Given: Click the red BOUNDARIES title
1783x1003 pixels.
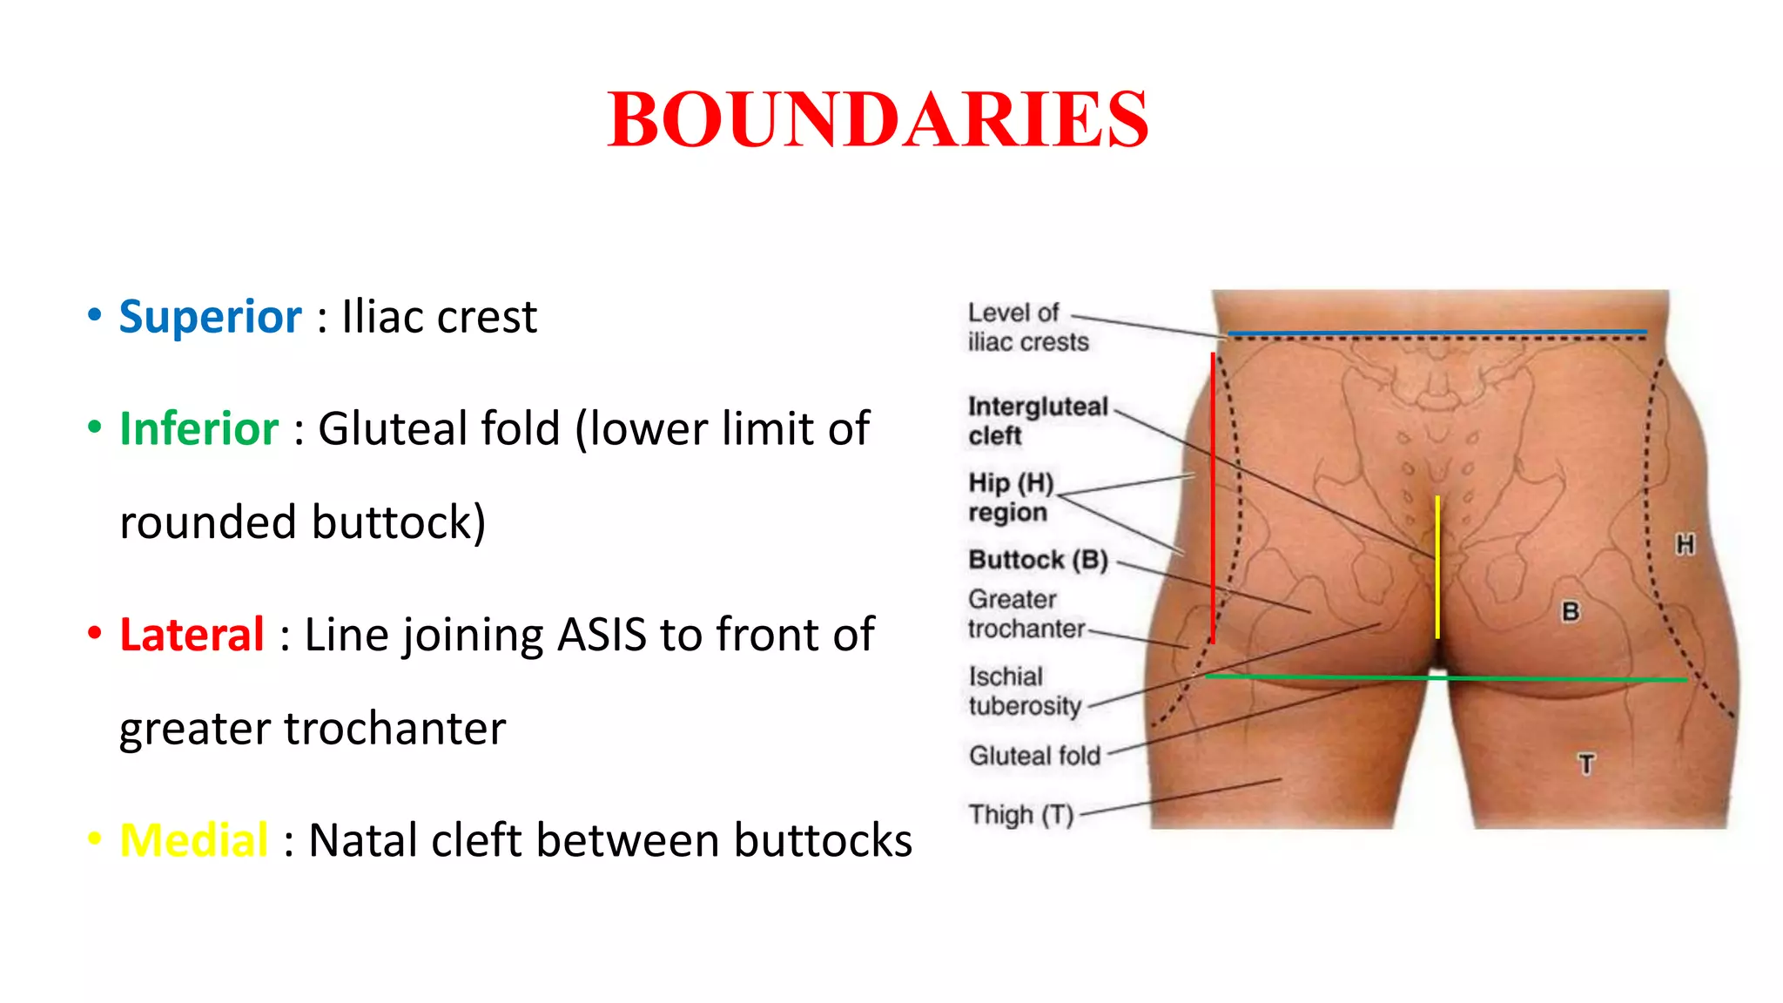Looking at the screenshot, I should coord(878,119).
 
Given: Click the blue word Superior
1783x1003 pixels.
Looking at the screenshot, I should coord(210,316).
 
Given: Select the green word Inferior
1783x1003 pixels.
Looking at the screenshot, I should coord(198,428).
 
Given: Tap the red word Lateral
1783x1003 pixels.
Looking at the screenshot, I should coord(192,634).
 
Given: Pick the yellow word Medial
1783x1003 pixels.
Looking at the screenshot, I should coord(193,840).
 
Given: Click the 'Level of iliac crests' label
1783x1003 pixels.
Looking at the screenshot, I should coord(1027,327).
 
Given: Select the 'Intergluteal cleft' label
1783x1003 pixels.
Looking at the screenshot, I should coord(1037,421).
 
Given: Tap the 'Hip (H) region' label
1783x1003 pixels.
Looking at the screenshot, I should coord(1011,496).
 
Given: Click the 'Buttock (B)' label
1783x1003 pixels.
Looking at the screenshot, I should coord(1038,559).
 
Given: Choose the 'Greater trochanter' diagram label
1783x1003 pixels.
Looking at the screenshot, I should coord(1026,614).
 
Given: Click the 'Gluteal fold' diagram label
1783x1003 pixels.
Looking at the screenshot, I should coord(1034,755).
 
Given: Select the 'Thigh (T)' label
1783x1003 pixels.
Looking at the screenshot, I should coord(1020,814).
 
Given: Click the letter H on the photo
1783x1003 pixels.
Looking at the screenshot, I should coord(1685,545).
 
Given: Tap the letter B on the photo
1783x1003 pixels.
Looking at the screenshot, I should coord(1571,611).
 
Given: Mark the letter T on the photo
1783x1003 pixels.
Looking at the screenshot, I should coord(1586,764).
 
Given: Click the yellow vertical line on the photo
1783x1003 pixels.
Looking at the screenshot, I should coord(1437,566).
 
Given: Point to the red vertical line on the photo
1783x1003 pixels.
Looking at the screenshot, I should coord(1213,496).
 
